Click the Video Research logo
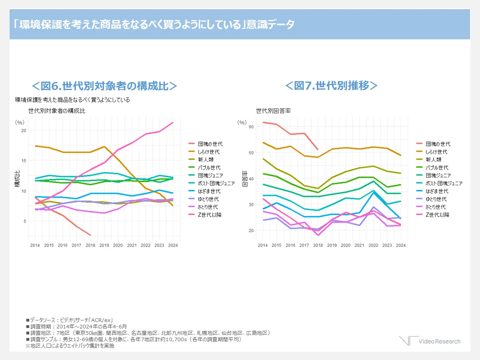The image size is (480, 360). (430, 341)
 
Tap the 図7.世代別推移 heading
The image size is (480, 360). (331, 86)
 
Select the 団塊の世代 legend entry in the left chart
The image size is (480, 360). (210, 144)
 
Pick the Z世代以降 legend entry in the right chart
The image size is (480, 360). (437, 215)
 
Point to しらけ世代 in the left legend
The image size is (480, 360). (209, 152)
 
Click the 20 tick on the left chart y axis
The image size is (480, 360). (24, 130)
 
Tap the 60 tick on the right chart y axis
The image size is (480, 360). (251, 126)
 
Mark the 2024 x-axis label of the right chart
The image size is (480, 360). (401, 245)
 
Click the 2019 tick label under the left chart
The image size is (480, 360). (104, 245)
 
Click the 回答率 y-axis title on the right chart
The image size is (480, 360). (245, 179)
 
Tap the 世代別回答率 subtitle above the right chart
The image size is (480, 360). (273, 111)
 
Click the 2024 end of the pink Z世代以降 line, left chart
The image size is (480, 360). (173, 122)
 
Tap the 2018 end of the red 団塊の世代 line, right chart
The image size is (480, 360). (318, 150)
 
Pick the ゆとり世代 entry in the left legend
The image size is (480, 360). (209, 199)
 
